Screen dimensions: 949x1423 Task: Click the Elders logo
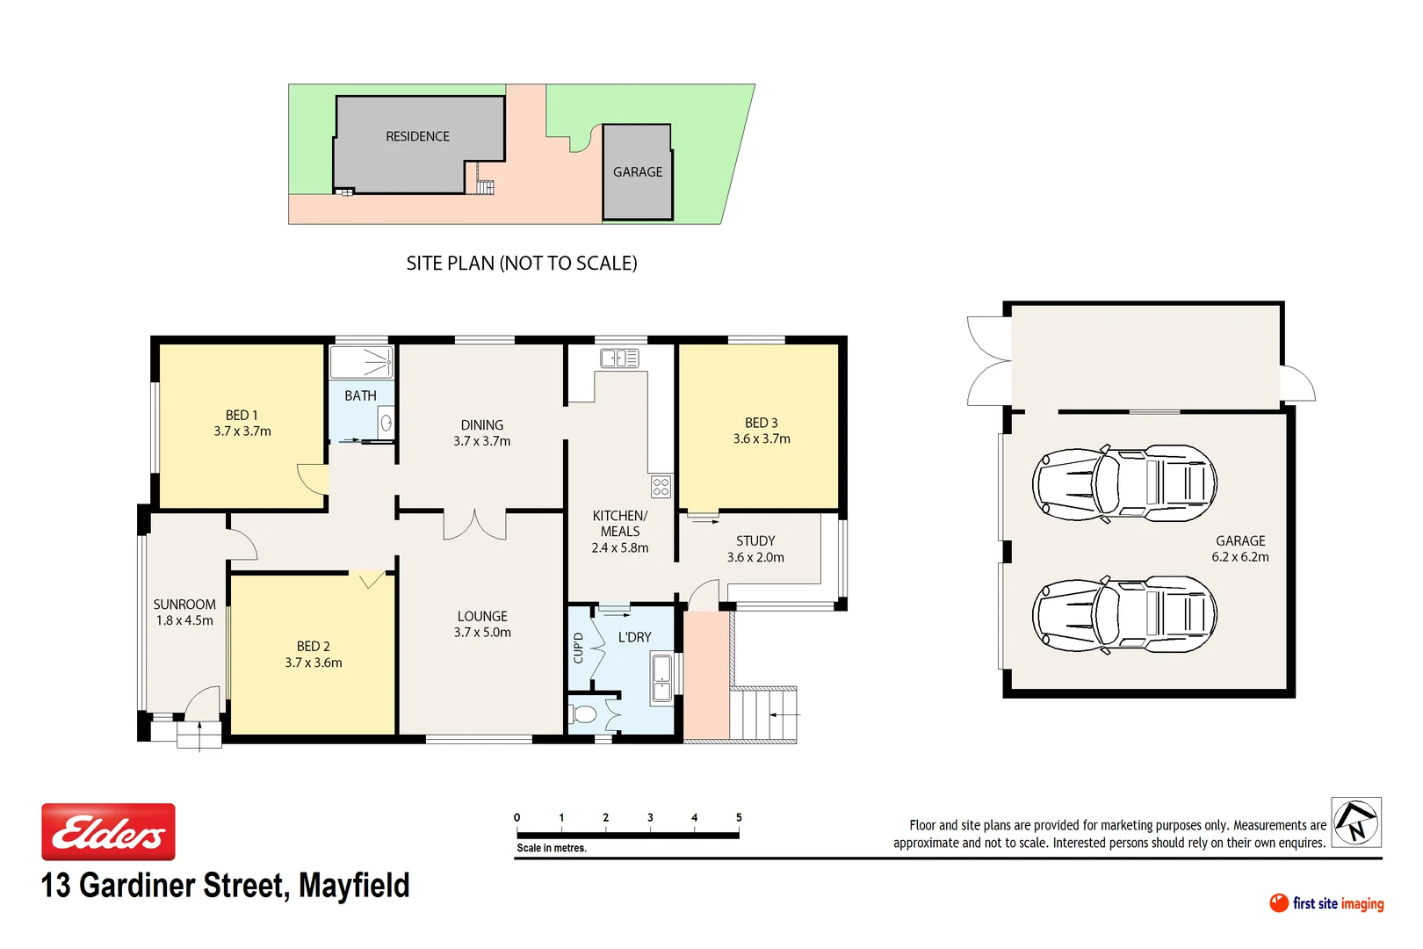click(x=108, y=831)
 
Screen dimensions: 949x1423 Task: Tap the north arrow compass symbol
click(x=1356, y=822)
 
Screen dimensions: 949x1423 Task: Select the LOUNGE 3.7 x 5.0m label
click(x=482, y=624)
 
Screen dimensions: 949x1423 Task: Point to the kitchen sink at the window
click(x=619, y=358)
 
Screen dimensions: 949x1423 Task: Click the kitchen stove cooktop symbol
click(x=661, y=487)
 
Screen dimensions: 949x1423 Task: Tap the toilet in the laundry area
click(x=584, y=713)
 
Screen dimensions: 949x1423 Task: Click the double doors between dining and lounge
click(x=474, y=525)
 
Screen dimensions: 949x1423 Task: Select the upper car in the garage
click(x=1124, y=483)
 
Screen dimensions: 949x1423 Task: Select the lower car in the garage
click(x=1124, y=615)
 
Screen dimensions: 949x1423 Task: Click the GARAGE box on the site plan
click(x=638, y=172)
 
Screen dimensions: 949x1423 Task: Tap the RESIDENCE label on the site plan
click(x=417, y=136)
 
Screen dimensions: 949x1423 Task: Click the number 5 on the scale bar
click(x=739, y=817)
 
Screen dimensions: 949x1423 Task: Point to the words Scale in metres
click(x=552, y=848)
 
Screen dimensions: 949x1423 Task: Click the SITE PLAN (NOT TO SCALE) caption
click(x=522, y=263)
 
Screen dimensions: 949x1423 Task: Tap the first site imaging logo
click(x=1326, y=903)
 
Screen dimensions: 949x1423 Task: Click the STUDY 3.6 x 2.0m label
click(x=755, y=549)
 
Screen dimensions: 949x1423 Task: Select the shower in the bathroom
click(x=361, y=361)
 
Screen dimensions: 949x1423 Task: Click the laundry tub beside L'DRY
click(x=661, y=678)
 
